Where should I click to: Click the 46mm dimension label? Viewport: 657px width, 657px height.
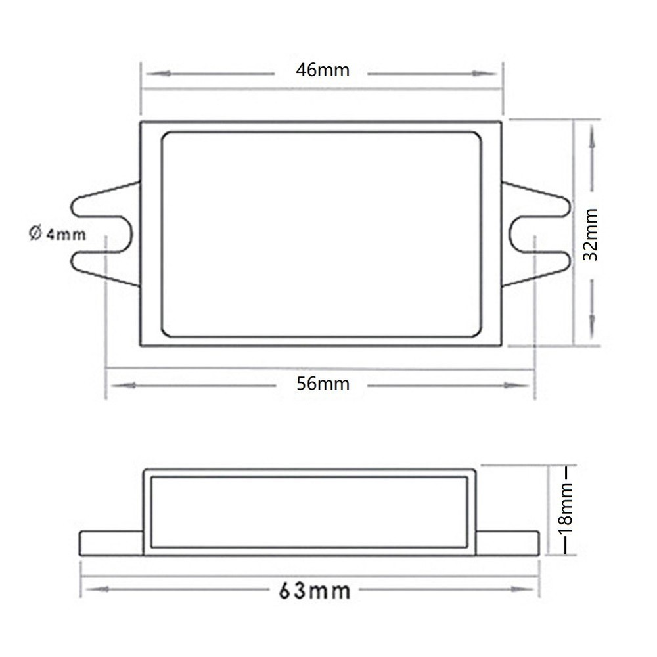[322, 71]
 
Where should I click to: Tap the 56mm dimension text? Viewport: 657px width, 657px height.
[322, 384]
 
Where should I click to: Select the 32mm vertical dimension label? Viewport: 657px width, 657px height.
[592, 234]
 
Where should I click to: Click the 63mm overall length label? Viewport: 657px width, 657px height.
[314, 590]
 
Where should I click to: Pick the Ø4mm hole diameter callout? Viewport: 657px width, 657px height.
[58, 233]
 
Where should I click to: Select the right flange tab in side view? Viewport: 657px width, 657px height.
[507, 543]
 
